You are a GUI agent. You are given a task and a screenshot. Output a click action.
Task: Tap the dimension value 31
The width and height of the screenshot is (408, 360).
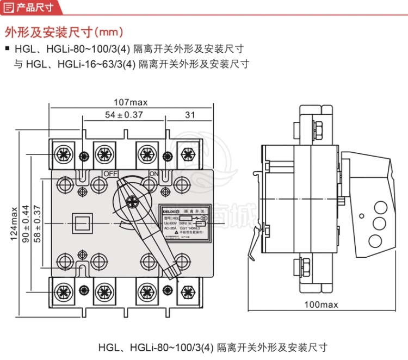(x=190, y=115)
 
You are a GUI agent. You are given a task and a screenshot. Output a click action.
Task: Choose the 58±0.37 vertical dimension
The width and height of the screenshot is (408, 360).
(x=37, y=223)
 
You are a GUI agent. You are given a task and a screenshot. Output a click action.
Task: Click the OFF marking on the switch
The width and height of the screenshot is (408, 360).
(x=111, y=173)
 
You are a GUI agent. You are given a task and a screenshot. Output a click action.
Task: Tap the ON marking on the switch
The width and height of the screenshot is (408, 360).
(x=153, y=173)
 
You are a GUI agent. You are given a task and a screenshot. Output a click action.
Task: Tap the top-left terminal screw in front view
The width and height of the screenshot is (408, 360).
(x=63, y=154)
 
